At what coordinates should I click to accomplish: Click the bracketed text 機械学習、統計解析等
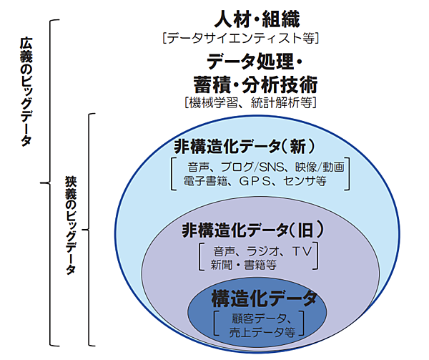coord(250,102)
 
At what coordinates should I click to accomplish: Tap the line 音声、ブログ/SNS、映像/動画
coord(262,167)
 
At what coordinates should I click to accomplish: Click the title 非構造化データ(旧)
coord(255,230)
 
